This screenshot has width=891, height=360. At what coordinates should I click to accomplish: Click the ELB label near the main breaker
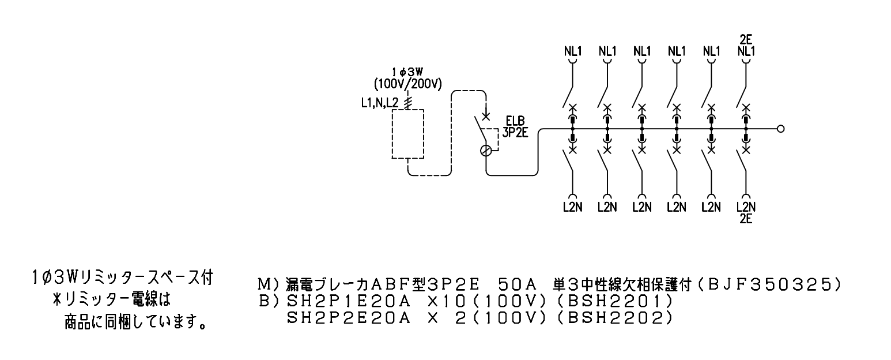pos(515,121)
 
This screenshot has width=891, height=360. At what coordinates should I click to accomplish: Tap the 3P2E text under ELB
pos(515,132)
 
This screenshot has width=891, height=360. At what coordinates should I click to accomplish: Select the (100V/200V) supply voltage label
pos(407,84)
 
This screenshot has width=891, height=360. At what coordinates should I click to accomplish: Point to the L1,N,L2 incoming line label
pos(379,103)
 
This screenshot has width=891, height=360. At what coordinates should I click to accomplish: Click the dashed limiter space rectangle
pos(407,110)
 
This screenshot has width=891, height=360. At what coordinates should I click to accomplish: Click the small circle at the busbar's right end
pos(780,129)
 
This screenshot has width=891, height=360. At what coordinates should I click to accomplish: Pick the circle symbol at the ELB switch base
pos(486,151)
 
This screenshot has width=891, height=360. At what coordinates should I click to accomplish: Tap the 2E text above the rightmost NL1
pos(746,40)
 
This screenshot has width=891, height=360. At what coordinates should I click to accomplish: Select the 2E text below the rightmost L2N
pos(746,219)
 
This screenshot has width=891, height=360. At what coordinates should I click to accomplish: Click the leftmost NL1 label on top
pos(573,51)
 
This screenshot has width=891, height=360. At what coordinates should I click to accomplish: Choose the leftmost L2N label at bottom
pos(573,207)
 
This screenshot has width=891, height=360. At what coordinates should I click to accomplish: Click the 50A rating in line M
pos(518,284)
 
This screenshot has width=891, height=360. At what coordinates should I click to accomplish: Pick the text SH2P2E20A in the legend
pos(349,318)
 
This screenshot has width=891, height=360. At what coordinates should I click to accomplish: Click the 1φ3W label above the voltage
pos(407,72)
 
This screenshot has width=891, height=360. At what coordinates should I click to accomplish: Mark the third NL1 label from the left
pos(642,51)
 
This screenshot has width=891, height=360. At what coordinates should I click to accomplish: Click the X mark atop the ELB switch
pos(485,117)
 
